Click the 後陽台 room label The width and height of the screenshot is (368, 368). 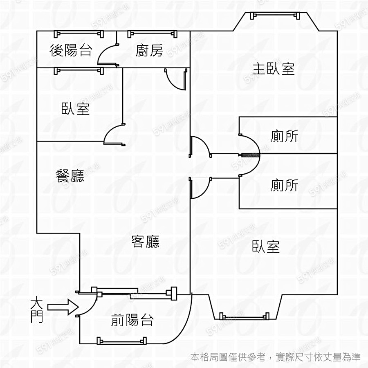click(70, 51)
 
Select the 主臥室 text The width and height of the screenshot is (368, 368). click(274, 69)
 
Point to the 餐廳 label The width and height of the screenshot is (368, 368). click(70, 176)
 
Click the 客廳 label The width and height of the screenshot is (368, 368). click(145, 242)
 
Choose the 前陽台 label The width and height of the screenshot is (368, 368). click(132, 320)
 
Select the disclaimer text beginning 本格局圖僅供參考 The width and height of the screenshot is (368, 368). click(276, 357)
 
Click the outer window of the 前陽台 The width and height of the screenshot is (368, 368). click(121, 340)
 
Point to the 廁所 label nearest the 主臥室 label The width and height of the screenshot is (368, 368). click(284, 136)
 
